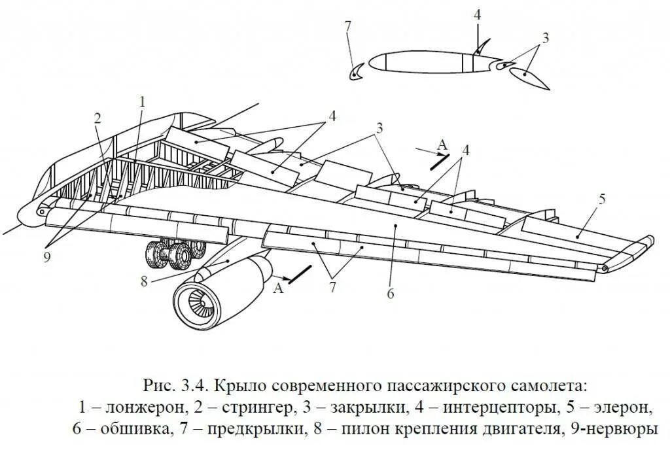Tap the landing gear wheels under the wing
point(171,254)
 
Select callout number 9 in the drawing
point(46,257)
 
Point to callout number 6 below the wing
point(390,294)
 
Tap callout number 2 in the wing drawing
point(97,118)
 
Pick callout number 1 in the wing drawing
point(141,101)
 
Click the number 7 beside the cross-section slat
point(348,27)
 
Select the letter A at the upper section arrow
point(442,144)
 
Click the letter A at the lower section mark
point(279,287)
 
